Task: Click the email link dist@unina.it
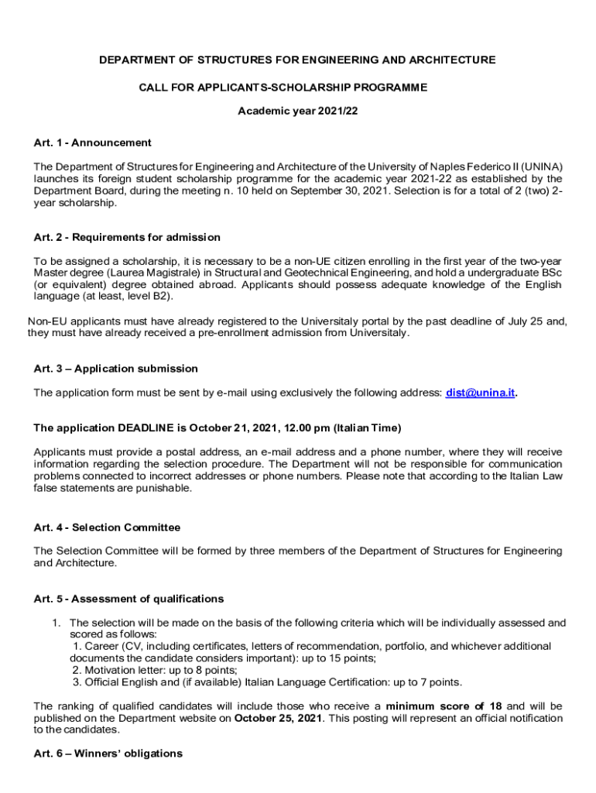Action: (480, 393)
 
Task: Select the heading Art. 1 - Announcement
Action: (92, 142)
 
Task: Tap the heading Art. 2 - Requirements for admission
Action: (127, 237)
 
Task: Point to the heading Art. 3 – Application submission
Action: (115, 369)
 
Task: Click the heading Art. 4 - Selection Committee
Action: (107, 527)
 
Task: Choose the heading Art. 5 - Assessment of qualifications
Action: (128, 599)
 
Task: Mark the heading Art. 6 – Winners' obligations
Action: (108, 754)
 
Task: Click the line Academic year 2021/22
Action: (297, 112)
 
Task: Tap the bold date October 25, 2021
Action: (279, 718)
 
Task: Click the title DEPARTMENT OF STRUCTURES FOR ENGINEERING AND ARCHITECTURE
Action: (297, 60)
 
